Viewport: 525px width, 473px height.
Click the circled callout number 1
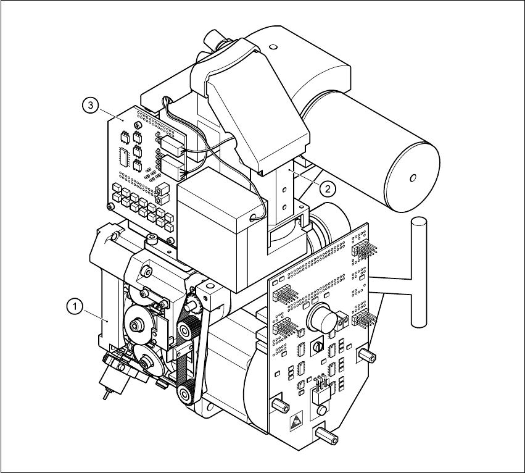click(x=73, y=304)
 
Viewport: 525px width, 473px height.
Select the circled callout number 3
click(x=91, y=106)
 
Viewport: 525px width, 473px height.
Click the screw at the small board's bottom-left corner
click(x=110, y=206)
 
